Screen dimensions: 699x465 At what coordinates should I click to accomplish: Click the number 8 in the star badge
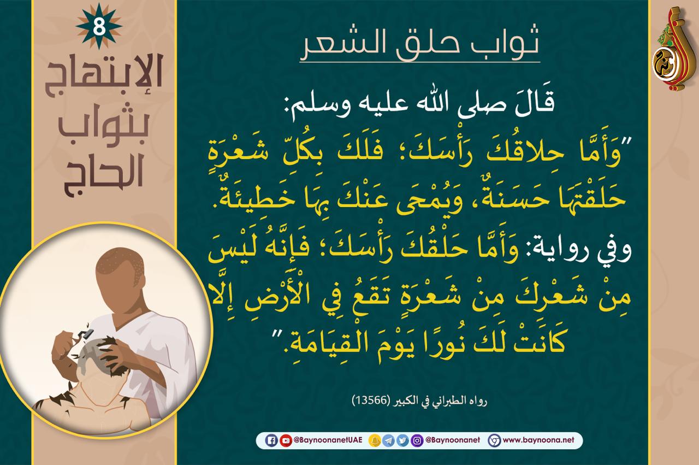coord(99,27)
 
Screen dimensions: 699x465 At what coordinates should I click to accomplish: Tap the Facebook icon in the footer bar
coord(271,440)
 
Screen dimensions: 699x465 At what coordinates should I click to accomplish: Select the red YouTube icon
coord(286,440)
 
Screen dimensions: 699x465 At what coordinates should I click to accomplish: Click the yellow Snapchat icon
coord(375,440)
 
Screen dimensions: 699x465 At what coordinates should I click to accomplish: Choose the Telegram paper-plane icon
coord(388,440)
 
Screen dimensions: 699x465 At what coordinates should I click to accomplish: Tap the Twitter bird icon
coord(402,440)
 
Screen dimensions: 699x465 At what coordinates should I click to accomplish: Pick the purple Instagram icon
coord(417,440)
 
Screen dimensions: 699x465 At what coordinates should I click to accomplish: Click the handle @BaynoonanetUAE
coord(328,440)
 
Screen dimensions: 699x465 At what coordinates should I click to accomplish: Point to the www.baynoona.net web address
coord(538,440)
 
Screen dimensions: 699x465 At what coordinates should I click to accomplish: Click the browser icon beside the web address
coord(494,440)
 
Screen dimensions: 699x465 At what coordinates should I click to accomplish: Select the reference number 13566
coord(371,401)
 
